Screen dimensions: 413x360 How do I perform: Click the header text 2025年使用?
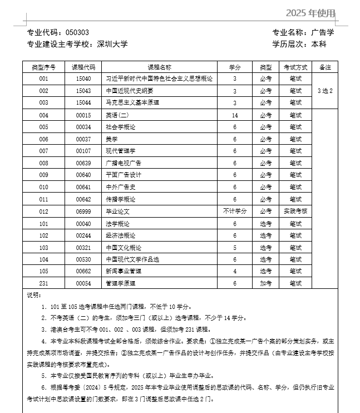pyautogui.click(x=311, y=13)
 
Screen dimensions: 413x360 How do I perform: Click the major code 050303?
pyautogui.click(x=77, y=32)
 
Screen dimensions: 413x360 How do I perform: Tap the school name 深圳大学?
pyautogui.click(x=112, y=44)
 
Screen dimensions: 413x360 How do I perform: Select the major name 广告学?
pyautogui.click(x=323, y=32)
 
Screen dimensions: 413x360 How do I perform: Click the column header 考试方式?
pyautogui.click(x=295, y=67)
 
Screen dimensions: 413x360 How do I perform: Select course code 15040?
pyautogui.click(x=83, y=78)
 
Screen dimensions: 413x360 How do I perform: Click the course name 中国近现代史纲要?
pyautogui.click(x=129, y=91)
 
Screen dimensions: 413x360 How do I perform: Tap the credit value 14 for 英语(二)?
pyautogui.click(x=235, y=115)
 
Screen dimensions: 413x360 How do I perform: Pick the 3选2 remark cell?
pyautogui.click(x=325, y=91)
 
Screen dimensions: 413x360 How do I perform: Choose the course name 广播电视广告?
pyautogui.click(x=124, y=163)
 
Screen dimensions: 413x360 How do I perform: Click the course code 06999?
pyautogui.click(x=83, y=212)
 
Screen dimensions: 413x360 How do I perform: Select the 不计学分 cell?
pyautogui.click(x=235, y=211)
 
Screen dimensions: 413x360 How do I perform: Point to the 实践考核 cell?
pyautogui.click(x=295, y=212)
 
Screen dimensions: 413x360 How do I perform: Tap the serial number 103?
pyautogui.click(x=44, y=248)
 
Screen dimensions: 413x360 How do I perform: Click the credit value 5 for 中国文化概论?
pyautogui.click(x=235, y=248)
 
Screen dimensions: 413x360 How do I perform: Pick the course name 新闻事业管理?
pyautogui.click(x=124, y=271)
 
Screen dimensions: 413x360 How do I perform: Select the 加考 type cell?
pyautogui.click(x=266, y=283)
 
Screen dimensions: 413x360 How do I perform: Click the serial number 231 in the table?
pyautogui.click(x=44, y=283)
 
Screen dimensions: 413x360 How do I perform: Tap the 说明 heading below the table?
pyautogui.click(x=34, y=295)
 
